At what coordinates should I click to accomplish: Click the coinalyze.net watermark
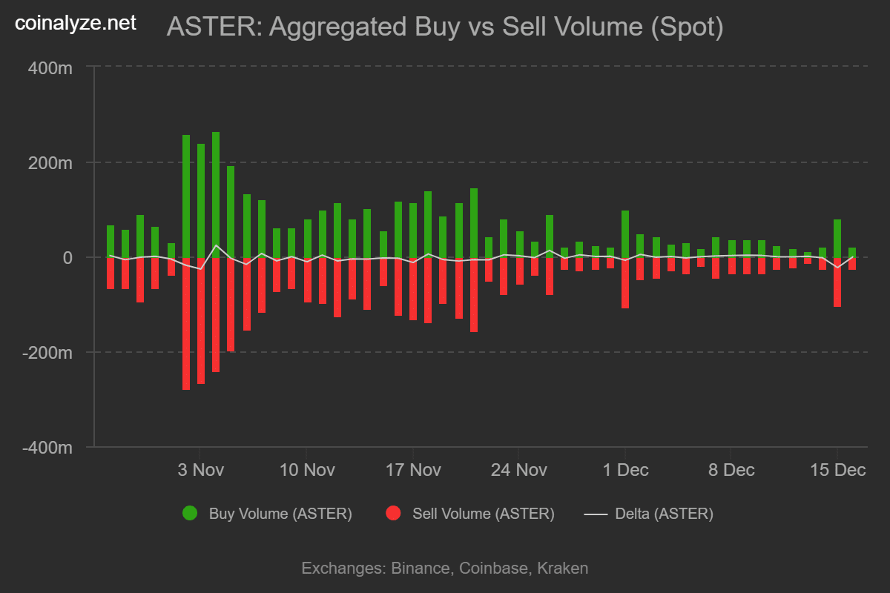point(76,24)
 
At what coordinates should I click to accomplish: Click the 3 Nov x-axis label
point(201,470)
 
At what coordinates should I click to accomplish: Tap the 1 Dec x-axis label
point(625,470)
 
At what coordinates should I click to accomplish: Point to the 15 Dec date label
point(838,470)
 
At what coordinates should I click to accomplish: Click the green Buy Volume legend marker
point(190,514)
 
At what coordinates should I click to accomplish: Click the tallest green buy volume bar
point(216,194)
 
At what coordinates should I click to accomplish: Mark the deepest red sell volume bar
point(186,323)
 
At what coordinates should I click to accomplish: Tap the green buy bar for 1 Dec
point(625,233)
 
